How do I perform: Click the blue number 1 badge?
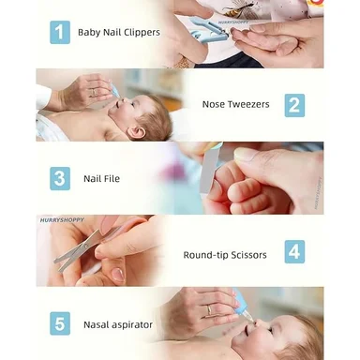(x=60, y=33)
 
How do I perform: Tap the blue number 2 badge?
(x=294, y=105)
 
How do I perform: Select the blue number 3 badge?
(x=60, y=178)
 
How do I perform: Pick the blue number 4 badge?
(x=294, y=251)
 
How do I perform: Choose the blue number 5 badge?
(x=60, y=323)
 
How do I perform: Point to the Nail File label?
(x=101, y=178)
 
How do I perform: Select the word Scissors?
(x=248, y=255)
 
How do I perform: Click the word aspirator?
(x=132, y=325)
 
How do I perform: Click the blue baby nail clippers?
(x=207, y=30)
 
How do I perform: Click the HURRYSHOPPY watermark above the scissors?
(x=62, y=220)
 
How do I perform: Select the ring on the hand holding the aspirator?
(x=209, y=310)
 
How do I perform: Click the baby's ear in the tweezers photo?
(x=137, y=132)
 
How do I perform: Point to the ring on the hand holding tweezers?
(x=94, y=93)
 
